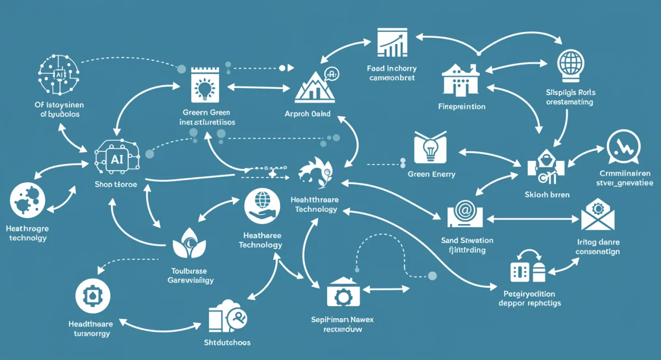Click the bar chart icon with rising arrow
(x=392, y=43)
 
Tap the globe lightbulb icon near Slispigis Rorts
(x=570, y=64)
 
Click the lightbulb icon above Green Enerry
(x=429, y=148)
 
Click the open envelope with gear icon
(x=597, y=216)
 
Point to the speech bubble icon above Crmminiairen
(x=623, y=147)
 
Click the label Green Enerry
(x=431, y=174)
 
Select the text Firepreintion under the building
(x=462, y=106)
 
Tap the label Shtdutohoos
(x=224, y=342)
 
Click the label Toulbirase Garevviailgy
(x=191, y=275)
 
